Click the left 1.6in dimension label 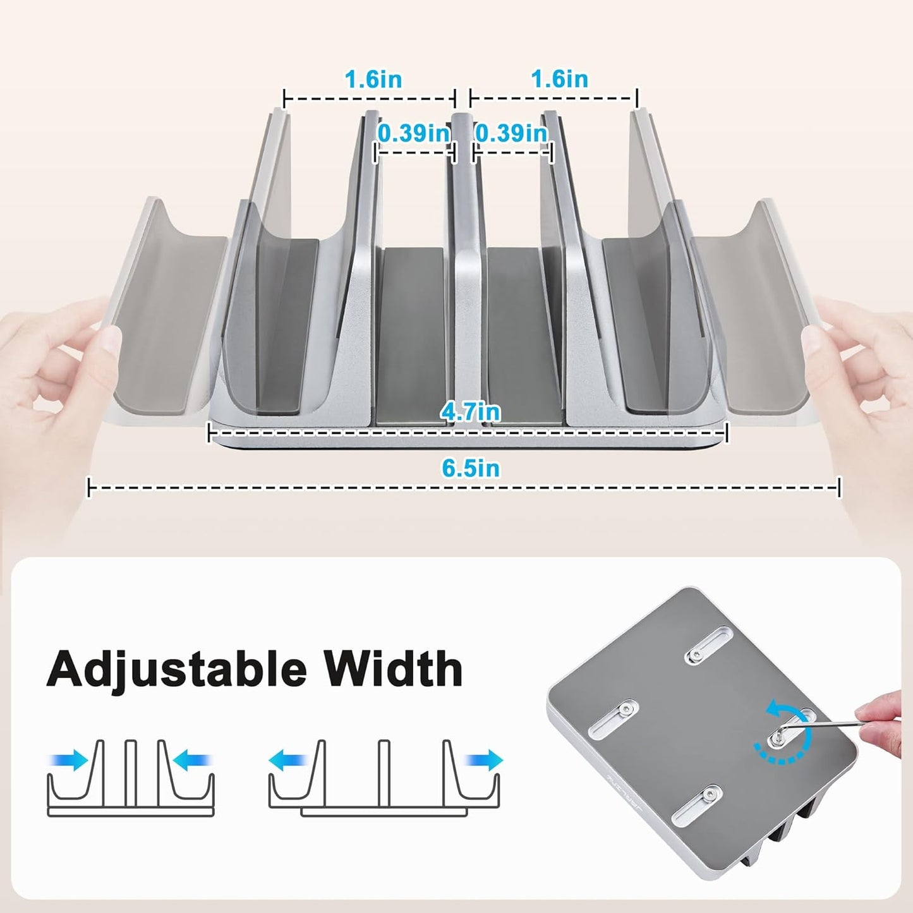click(373, 80)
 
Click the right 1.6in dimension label click(559, 80)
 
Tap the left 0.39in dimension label click(414, 133)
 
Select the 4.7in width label click(471, 412)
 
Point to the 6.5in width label click(471, 468)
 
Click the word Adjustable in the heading click(176, 668)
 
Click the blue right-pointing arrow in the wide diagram click(484, 760)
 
